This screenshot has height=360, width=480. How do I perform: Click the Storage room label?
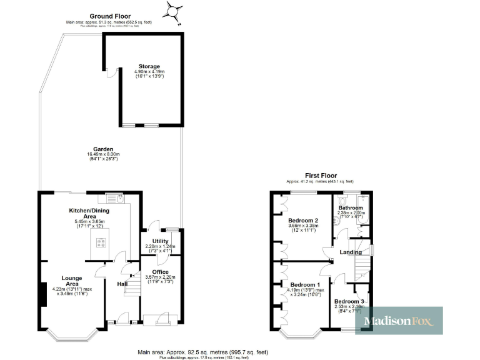coord(149,66)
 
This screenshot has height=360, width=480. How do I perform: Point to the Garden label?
coord(104,149)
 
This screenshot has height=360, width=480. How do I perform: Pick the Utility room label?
coord(161,241)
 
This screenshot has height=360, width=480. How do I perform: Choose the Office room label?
coord(161,271)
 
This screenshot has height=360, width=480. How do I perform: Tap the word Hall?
coord(122,284)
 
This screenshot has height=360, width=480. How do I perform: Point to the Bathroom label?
coord(351,207)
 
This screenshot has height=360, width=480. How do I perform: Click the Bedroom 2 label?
coord(304,221)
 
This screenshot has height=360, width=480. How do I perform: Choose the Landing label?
coord(350,252)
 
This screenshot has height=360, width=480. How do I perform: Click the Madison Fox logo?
coord(399,321)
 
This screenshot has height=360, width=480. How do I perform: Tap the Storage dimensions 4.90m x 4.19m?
coord(149,72)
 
